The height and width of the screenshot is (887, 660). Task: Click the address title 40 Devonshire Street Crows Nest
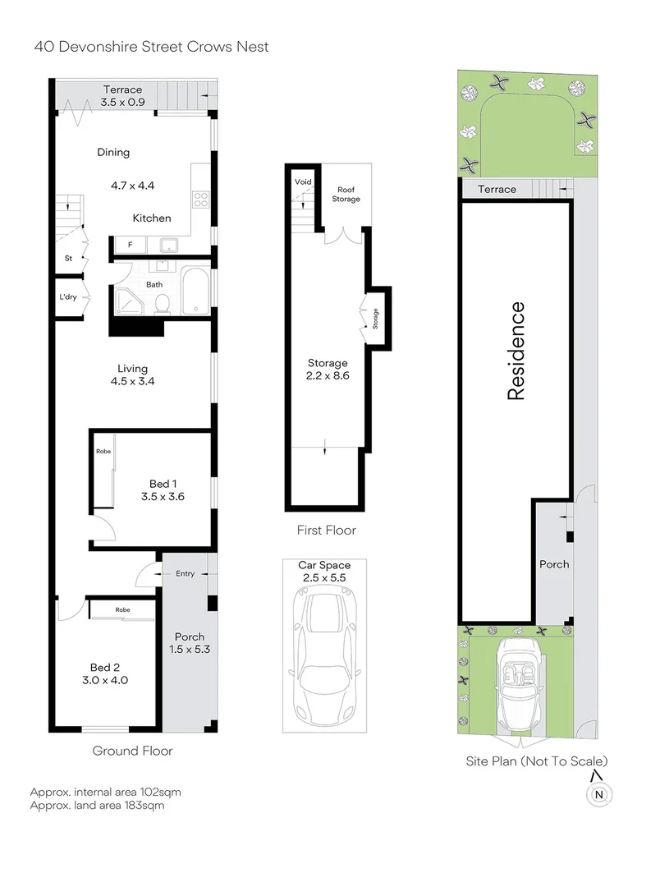pyautogui.click(x=151, y=47)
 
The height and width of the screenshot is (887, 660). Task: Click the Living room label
pyautogui.click(x=131, y=369)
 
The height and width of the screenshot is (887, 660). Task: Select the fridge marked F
pyautogui.click(x=128, y=245)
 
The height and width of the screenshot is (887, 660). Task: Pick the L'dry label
pyautogui.click(x=67, y=297)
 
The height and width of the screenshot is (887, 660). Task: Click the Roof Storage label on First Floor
pyautogui.click(x=346, y=194)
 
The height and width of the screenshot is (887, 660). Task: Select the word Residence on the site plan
pyautogui.click(x=516, y=351)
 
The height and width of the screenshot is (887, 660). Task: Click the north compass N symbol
pyautogui.click(x=598, y=793)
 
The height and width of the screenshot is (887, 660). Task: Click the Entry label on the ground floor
pyautogui.click(x=185, y=573)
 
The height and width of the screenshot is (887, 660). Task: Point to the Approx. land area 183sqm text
pyautogui.click(x=97, y=806)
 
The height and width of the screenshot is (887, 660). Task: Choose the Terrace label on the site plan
pyautogui.click(x=497, y=190)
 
